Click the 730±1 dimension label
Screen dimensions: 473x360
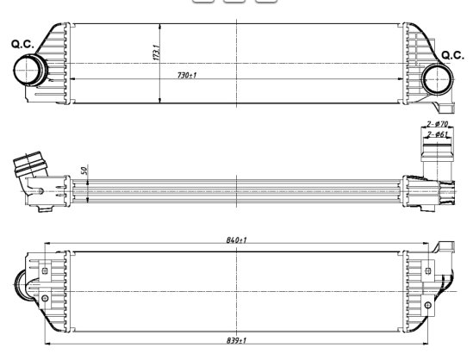pyautogui.click(x=187, y=75)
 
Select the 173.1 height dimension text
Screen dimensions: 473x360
pyautogui.click(x=156, y=53)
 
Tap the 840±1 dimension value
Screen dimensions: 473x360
pyautogui.click(x=236, y=239)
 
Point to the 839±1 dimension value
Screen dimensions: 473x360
pyautogui.click(x=236, y=340)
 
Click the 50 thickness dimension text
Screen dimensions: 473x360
pyautogui.click(x=84, y=170)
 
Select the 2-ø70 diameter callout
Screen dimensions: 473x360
pyautogui.click(x=438, y=124)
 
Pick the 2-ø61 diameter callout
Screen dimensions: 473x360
pyautogui.click(x=438, y=133)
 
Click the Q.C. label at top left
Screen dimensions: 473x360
pyautogui.click(x=22, y=44)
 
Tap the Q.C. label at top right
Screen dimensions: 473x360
pyautogui.click(x=452, y=55)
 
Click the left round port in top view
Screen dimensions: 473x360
pyautogui.click(x=28, y=70)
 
